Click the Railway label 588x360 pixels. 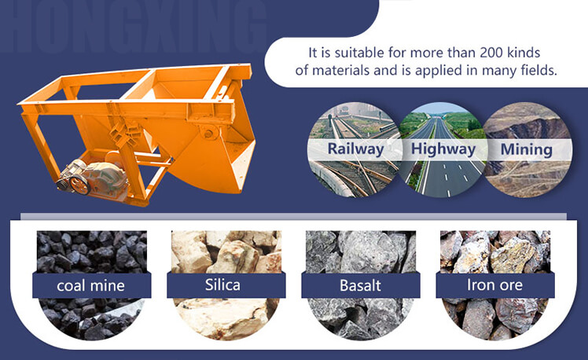355,149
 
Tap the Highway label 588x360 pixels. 443,149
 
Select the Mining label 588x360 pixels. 527,149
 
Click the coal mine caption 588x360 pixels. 90,286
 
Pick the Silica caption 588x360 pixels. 222,285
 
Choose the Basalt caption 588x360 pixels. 360,285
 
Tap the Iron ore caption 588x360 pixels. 494,285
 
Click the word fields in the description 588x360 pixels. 539,70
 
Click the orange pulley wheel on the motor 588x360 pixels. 79,185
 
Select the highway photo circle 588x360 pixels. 443,150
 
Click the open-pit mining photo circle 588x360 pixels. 527,150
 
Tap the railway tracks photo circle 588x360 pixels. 355,150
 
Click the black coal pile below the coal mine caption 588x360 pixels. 91,318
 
